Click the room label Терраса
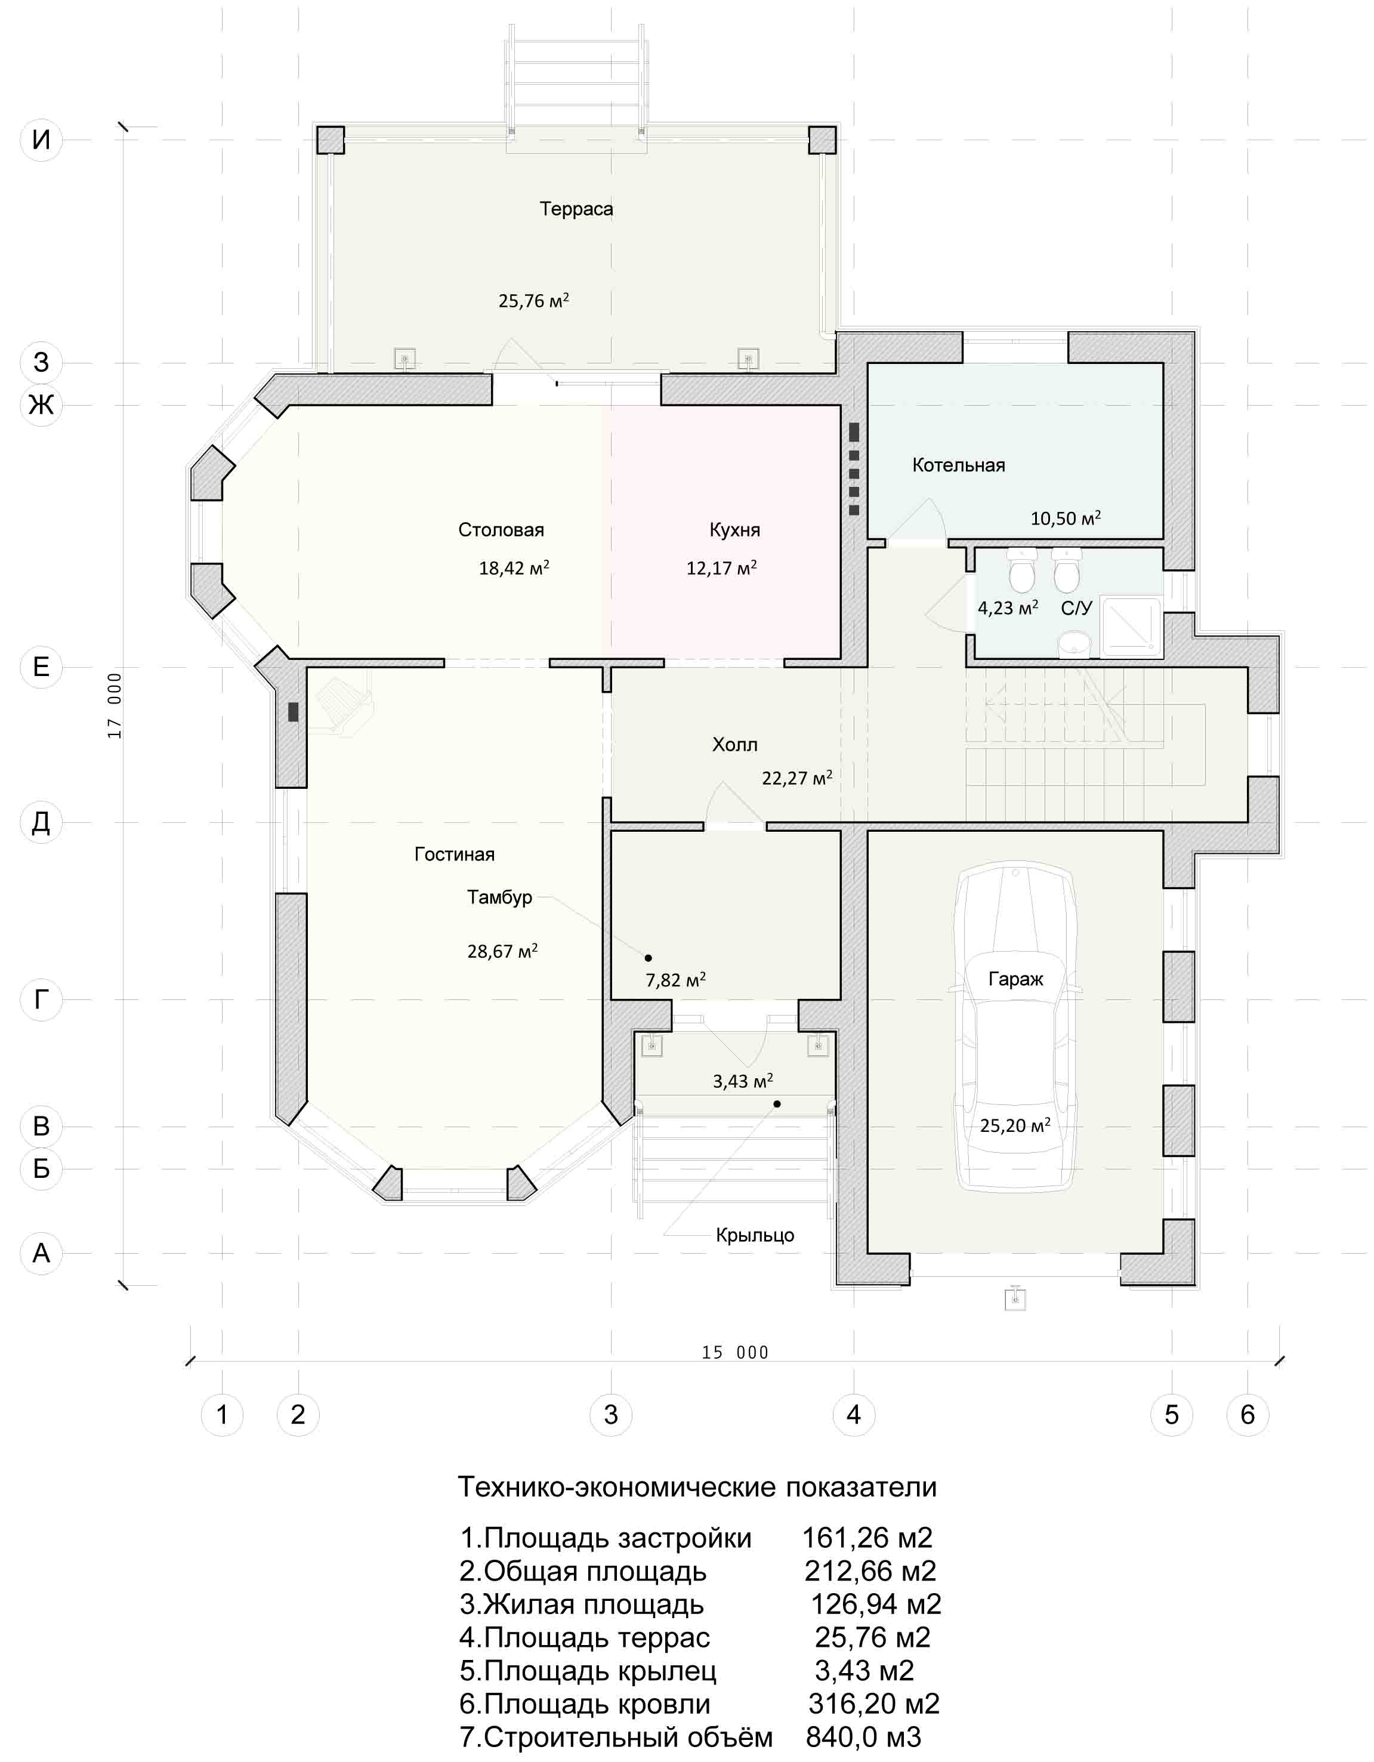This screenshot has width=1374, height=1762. pyautogui.click(x=576, y=209)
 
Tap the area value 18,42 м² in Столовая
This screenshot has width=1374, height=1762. pyautogui.click(x=514, y=567)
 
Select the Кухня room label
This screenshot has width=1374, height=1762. pyautogui.click(x=734, y=530)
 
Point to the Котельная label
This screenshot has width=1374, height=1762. pyautogui.click(x=959, y=465)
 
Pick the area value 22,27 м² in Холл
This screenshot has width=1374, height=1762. pyautogui.click(x=797, y=777)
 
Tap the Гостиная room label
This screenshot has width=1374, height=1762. pyautogui.click(x=454, y=854)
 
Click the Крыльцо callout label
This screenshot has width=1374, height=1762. pyautogui.click(x=755, y=1235)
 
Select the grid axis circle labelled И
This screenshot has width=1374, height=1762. pyautogui.click(x=41, y=140)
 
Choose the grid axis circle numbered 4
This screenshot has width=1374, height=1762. pyautogui.click(x=854, y=1414)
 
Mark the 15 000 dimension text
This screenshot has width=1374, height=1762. pyautogui.click(x=735, y=1353)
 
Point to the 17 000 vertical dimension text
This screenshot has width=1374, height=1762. pyautogui.click(x=115, y=705)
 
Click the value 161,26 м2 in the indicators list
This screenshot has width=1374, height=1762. pyautogui.click(x=867, y=1538)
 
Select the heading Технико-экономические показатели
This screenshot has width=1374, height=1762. pyautogui.click(x=697, y=1487)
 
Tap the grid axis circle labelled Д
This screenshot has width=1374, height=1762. pyautogui.click(x=41, y=822)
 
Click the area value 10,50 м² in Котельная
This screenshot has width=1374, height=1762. pyautogui.click(x=1065, y=518)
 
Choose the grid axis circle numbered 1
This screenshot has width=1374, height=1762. pyautogui.click(x=222, y=1414)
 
